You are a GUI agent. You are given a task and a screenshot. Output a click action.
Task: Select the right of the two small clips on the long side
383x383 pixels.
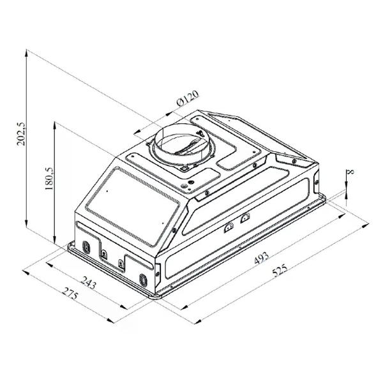pos(244,220)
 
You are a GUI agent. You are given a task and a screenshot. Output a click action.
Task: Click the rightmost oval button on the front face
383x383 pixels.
pos(143,279)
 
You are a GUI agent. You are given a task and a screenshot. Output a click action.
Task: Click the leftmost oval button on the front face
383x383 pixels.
pos(86,246)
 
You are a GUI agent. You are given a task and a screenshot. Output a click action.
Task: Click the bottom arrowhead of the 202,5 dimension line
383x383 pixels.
pos(26,226)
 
